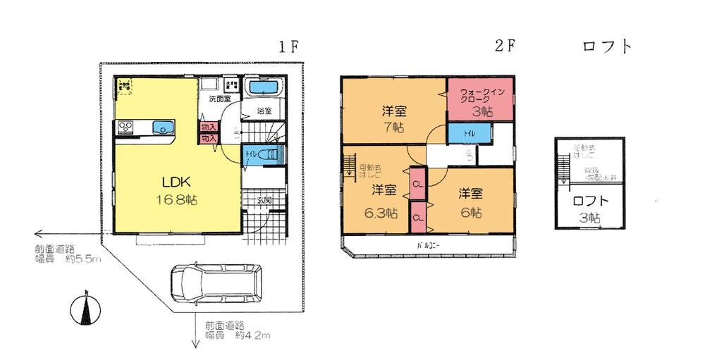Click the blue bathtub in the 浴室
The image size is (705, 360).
264,89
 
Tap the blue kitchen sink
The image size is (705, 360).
163,128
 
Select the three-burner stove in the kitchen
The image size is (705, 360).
125,128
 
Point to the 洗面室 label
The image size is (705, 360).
219,99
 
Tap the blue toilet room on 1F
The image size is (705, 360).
262,156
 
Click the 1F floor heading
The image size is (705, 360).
289,47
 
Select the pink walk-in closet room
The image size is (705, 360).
479,100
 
